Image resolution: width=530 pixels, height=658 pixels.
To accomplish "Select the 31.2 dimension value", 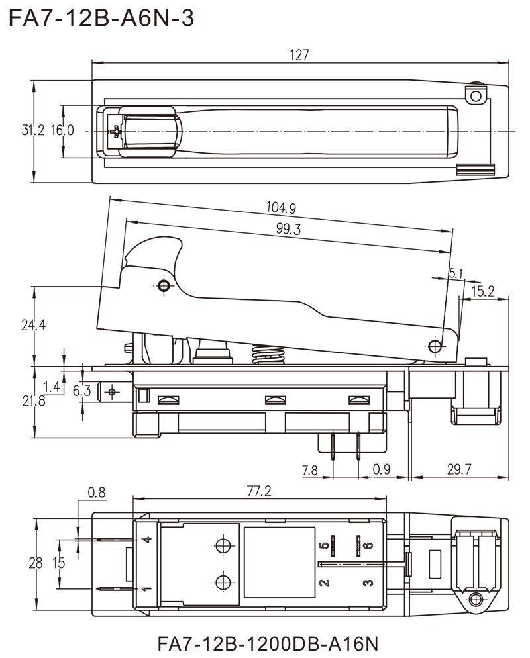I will [32, 130].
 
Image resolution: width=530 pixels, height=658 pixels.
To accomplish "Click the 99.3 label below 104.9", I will [289, 230].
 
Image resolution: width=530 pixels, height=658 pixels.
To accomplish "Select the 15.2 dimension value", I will [482, 291].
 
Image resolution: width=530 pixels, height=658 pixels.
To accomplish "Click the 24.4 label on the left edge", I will [32, 325].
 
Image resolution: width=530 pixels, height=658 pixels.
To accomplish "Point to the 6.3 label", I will [82, 392].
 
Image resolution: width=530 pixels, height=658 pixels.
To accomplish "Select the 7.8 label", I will [310, 471].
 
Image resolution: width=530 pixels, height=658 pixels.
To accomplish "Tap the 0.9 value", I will [382, 469].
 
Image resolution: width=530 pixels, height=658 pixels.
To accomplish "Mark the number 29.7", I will [460, 469].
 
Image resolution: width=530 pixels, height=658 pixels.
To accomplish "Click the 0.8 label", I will [97, 493].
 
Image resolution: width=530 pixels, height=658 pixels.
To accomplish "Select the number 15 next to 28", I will [61, 564].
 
